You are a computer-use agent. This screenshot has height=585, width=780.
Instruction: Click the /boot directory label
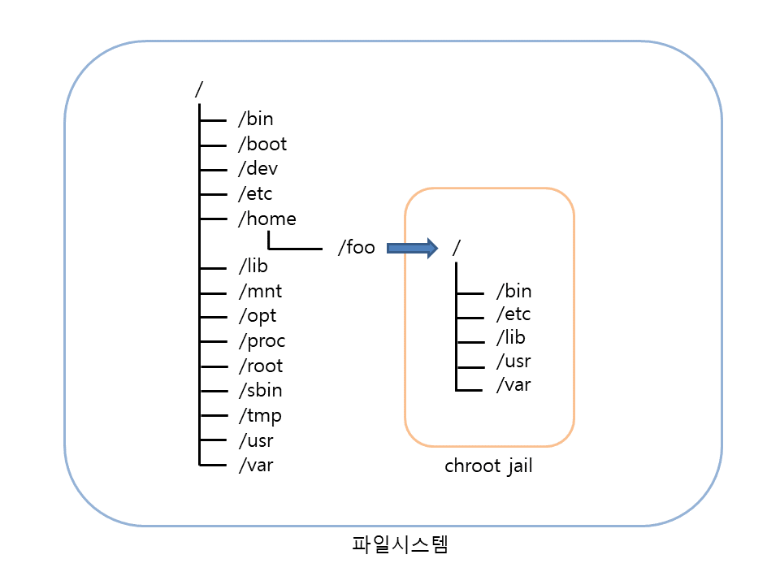pyautogui.click(x=262, y=145)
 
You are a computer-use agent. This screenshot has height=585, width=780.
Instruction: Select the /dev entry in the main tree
pyautogui.click(x=258, y=169)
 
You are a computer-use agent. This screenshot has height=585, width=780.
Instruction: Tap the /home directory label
pyautogui.click(x=266, y=219)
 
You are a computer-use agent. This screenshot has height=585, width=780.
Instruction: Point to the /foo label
pyautogui.click(x=356, y=248)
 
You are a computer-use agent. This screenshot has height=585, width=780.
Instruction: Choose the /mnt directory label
pyautogui.click(x=260, y=291)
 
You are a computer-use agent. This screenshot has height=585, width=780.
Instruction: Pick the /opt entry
pyautogui.click(x=258, y=316)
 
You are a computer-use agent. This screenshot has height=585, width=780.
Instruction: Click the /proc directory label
pyautogui.click(x=262, y=341)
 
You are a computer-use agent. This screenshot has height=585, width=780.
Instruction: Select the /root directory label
pyautogui.click(x=261, y=366)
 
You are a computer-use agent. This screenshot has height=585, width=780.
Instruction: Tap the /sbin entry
pyautogui.click(x=260, y=390)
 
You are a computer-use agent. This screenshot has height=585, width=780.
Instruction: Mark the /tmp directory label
pyautogui.click(x=260, y=416)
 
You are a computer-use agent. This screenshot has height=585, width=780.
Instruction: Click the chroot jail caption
pyautogui.click(x=488, y=467)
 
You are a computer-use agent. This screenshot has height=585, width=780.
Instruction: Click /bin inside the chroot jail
pyautogui.click(x=513, y=291)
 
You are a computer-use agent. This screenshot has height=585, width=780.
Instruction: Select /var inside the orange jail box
pyautogui.click(x=513, y=385)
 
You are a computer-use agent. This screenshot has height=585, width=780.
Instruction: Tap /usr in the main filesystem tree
pyautogui.click(x=256, y=441)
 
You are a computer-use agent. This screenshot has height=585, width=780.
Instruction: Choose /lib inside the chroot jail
pyautogui.click(x=511, y=338)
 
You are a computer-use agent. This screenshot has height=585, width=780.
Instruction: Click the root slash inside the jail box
pyautogui.click(x=457, y=247)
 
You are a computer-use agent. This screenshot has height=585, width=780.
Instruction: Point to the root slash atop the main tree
pyautogui.click(x=198, y=89)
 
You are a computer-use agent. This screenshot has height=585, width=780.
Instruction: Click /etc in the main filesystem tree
pyautogui.click(x=255, y=194)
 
